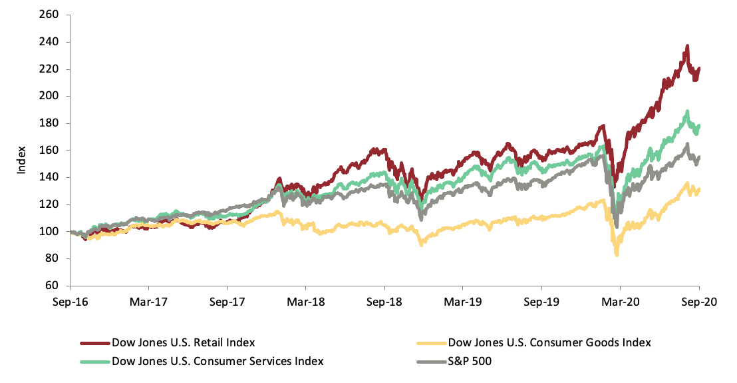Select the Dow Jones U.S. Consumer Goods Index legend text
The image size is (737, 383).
pos(549,343)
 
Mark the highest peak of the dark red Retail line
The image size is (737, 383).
pos(686,47)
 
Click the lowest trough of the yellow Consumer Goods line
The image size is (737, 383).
pos(617,254)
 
